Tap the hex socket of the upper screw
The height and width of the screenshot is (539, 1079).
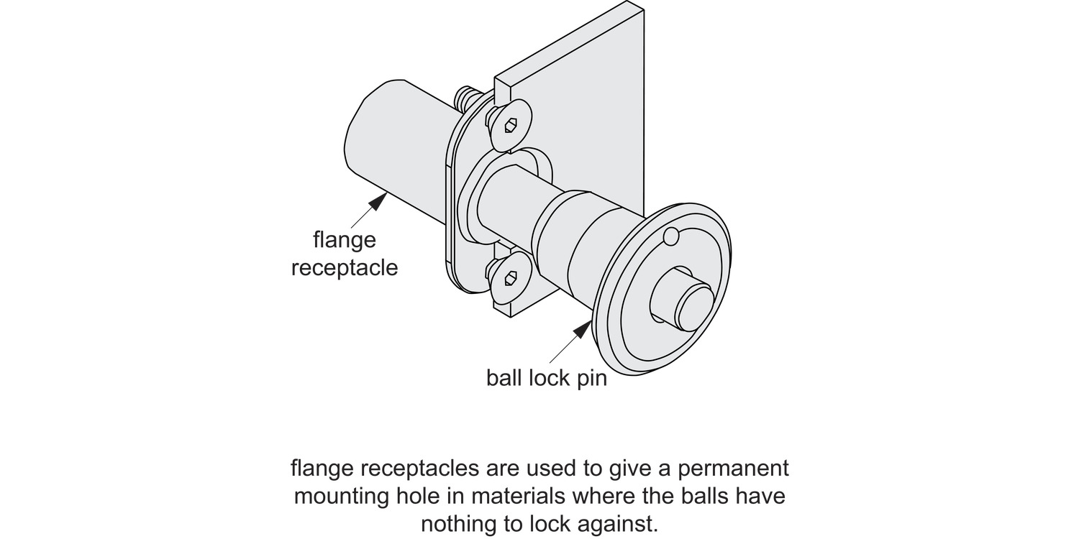(511, 126)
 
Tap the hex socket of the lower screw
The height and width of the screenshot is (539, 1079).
(511, 277)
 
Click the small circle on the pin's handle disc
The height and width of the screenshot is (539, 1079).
(671, 236)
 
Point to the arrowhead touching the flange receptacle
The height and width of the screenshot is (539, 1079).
(378, 201)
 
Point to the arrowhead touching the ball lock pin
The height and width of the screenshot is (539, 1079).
(582, 330)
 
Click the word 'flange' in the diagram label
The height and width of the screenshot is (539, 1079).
(345, 239)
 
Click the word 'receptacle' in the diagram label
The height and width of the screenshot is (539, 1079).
(345, 268)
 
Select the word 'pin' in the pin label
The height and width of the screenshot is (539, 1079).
(592, 379)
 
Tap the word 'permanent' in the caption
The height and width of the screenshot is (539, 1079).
(734, 469)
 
